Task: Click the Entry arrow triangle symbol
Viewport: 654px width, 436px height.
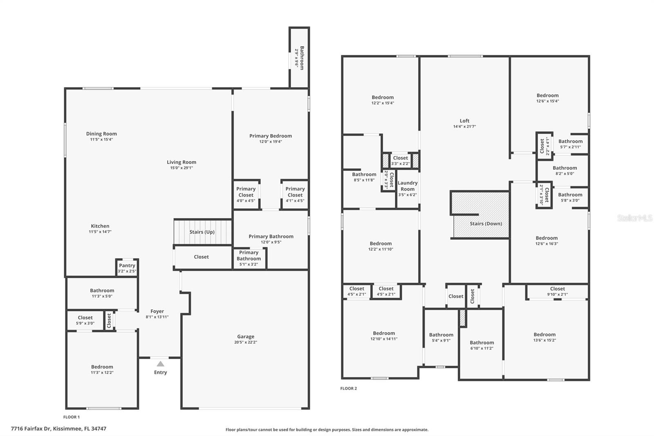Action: click(x=161, y=364)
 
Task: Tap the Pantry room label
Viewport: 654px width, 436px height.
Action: click(x=127, y=265)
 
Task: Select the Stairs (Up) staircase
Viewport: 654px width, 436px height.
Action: click(x=202, y=232)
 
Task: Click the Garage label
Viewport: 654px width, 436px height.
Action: click(x=246, y=337)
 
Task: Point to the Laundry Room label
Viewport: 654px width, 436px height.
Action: click(x=408, y=186)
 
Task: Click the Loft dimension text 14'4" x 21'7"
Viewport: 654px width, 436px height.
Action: click(x=464, y=126)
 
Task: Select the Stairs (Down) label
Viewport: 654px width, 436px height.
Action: click(x=486, y=224)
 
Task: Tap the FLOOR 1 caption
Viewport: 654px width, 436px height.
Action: click(x=72, y=417)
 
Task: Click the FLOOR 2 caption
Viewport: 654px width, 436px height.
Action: click(x=349, y=388)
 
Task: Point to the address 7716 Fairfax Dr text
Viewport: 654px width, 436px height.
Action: click(x=58, y=429)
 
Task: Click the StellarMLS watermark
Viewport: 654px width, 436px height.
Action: click(x=634, y=218)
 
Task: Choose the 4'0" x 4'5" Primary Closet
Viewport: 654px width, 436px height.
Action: click(x=246, y=195)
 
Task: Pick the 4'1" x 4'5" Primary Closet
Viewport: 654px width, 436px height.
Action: click(x=295, y=195)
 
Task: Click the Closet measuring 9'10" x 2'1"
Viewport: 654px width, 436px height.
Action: click(x=557, y=291)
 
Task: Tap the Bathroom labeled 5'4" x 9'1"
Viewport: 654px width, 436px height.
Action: click(x=441, y=337)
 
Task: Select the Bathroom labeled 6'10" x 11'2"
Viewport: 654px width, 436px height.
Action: click(x=482, y=345)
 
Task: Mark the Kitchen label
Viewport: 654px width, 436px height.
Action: click(x=100, y=226)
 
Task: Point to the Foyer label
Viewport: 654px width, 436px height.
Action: click(x=157, y=311)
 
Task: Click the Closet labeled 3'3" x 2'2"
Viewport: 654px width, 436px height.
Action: click(x=400, y=160)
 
